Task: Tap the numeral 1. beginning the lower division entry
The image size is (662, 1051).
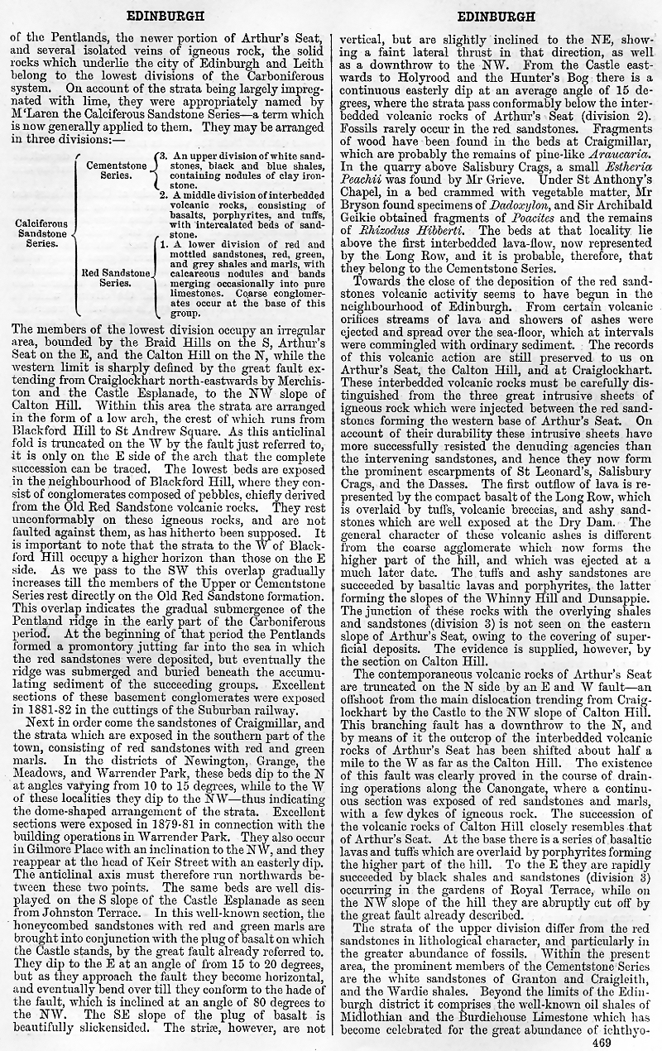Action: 163,245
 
